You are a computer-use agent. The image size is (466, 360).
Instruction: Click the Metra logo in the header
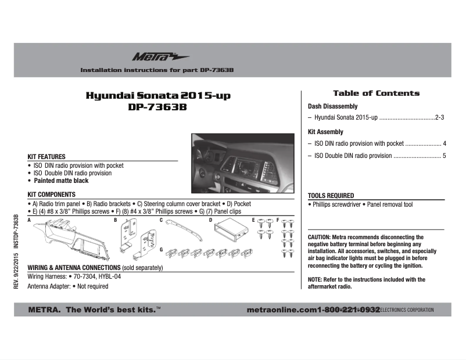152,56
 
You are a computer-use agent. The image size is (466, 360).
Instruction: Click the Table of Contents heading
376,93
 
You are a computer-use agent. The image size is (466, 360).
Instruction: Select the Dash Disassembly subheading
332,107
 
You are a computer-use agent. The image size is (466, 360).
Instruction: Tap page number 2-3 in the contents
439,118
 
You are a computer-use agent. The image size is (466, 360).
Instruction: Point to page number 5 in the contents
444,156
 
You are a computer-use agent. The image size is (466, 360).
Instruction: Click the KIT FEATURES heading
46,157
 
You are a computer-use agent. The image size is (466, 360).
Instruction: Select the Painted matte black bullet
61,181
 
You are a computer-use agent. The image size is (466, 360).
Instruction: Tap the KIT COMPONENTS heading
51,195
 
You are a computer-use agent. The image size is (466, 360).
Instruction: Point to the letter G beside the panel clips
161,249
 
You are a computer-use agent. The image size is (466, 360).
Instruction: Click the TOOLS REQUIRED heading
331,196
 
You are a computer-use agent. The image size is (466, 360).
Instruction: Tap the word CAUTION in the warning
319,237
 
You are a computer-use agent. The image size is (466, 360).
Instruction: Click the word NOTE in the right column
314,280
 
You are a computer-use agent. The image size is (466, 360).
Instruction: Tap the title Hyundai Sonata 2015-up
154,96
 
